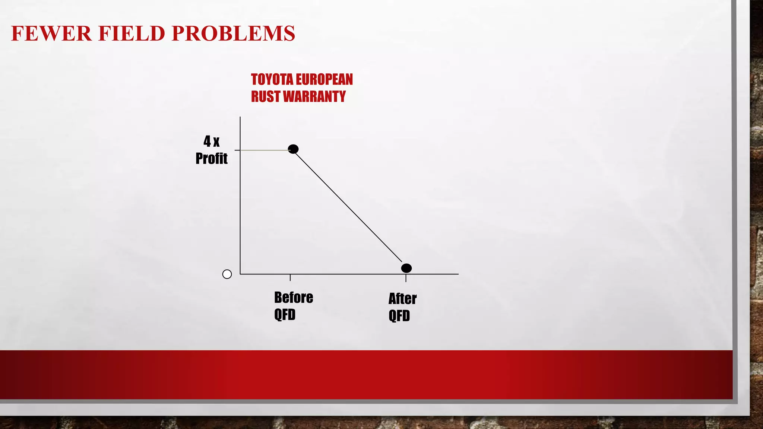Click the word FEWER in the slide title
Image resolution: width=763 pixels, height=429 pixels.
51,34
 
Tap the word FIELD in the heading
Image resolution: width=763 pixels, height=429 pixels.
132,34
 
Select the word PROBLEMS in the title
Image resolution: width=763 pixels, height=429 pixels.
233,34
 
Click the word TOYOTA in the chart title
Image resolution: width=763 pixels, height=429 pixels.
272,80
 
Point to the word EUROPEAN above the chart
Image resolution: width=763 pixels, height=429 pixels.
324,80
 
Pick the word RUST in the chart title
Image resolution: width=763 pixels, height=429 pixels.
265,97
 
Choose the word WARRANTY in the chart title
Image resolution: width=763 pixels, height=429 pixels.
314,97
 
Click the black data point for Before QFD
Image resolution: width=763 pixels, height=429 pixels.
293,149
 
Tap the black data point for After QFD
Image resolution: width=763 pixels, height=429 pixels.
406,268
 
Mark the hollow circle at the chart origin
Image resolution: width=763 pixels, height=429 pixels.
227,274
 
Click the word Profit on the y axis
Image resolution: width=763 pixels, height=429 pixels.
211,159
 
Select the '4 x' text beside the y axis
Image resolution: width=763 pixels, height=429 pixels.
211,142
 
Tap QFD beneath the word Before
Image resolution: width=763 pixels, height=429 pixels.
285,315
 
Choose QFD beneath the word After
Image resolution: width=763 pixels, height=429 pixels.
399,316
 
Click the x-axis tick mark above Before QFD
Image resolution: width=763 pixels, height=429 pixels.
290,277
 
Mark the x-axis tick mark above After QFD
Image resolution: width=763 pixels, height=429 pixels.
406,278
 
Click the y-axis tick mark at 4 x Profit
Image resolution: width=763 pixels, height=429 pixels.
237,150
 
